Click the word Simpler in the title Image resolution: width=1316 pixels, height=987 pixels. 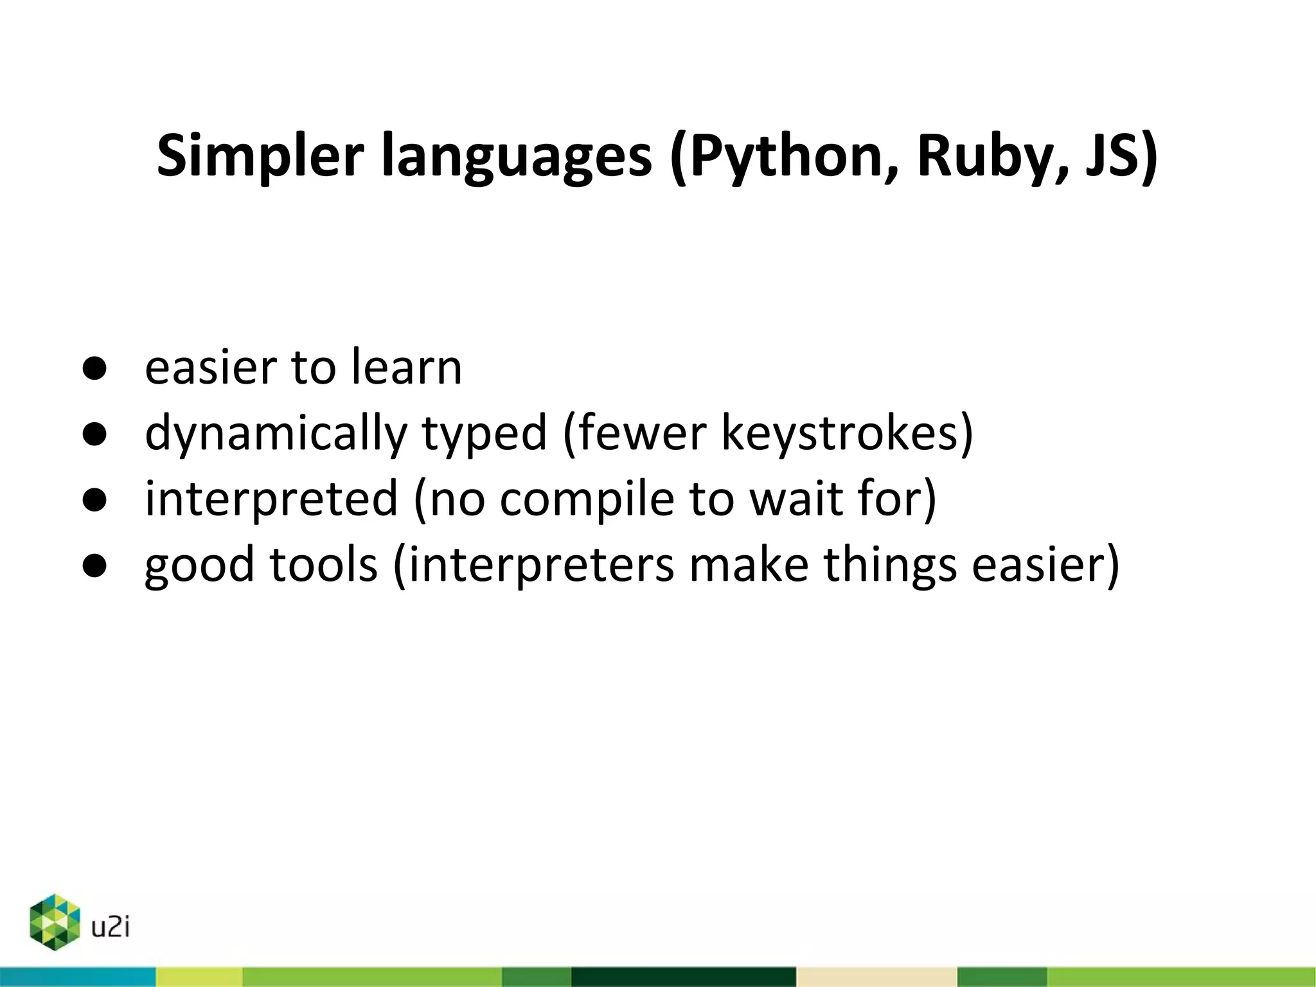point(260,156)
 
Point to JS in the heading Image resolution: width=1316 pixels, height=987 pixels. point(1115,156)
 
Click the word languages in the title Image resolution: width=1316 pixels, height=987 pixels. point(517,156)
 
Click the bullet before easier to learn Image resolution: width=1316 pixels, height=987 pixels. point(94,369)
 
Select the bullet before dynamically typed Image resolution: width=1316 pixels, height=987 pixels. point(94,434)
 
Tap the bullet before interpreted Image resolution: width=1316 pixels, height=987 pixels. point(94,500)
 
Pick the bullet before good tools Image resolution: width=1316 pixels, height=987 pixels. point(94,565)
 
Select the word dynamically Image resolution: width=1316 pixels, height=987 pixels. point(276,434)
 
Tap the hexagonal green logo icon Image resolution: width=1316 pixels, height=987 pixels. point(55,921)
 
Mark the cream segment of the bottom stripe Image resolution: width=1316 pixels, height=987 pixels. point(876,977)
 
